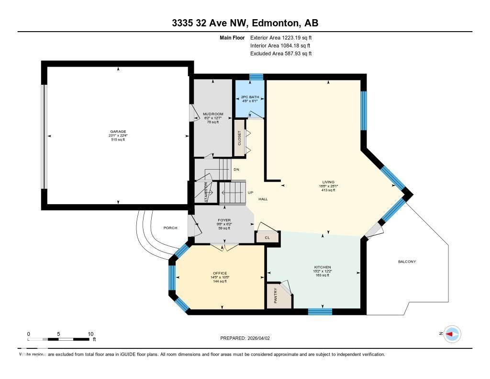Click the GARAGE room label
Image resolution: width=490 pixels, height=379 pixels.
tap(118, 131)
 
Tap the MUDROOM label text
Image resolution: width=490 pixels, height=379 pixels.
tap(213, 114)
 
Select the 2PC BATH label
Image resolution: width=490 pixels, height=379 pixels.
tap(249, 97)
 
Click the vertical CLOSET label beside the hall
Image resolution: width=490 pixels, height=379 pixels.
tap(239, 138)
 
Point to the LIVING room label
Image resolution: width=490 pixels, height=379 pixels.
tap(328, 182)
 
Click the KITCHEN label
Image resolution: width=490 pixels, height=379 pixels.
tap(322, 267)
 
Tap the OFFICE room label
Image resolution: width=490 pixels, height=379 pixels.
tap(220, 273)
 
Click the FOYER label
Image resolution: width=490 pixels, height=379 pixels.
tap(224, 220)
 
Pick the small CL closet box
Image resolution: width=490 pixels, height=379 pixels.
tap(267, 237)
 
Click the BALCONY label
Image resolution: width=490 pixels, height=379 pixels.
tap(407, 262)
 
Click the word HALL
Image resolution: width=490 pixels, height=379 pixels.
tap(263, 199)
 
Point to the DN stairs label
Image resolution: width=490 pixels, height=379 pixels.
tap(236, 170)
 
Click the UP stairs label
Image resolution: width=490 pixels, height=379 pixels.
tap(250, 193)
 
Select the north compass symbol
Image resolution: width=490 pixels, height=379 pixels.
tap(451, 334)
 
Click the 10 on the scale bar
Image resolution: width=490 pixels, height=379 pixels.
tap(90, 334)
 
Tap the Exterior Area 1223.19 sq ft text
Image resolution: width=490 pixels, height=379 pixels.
tap(281, 37)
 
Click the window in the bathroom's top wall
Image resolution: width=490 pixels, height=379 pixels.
tap(256, 77)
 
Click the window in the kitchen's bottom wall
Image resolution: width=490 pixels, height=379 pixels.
tap(320, 312)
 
